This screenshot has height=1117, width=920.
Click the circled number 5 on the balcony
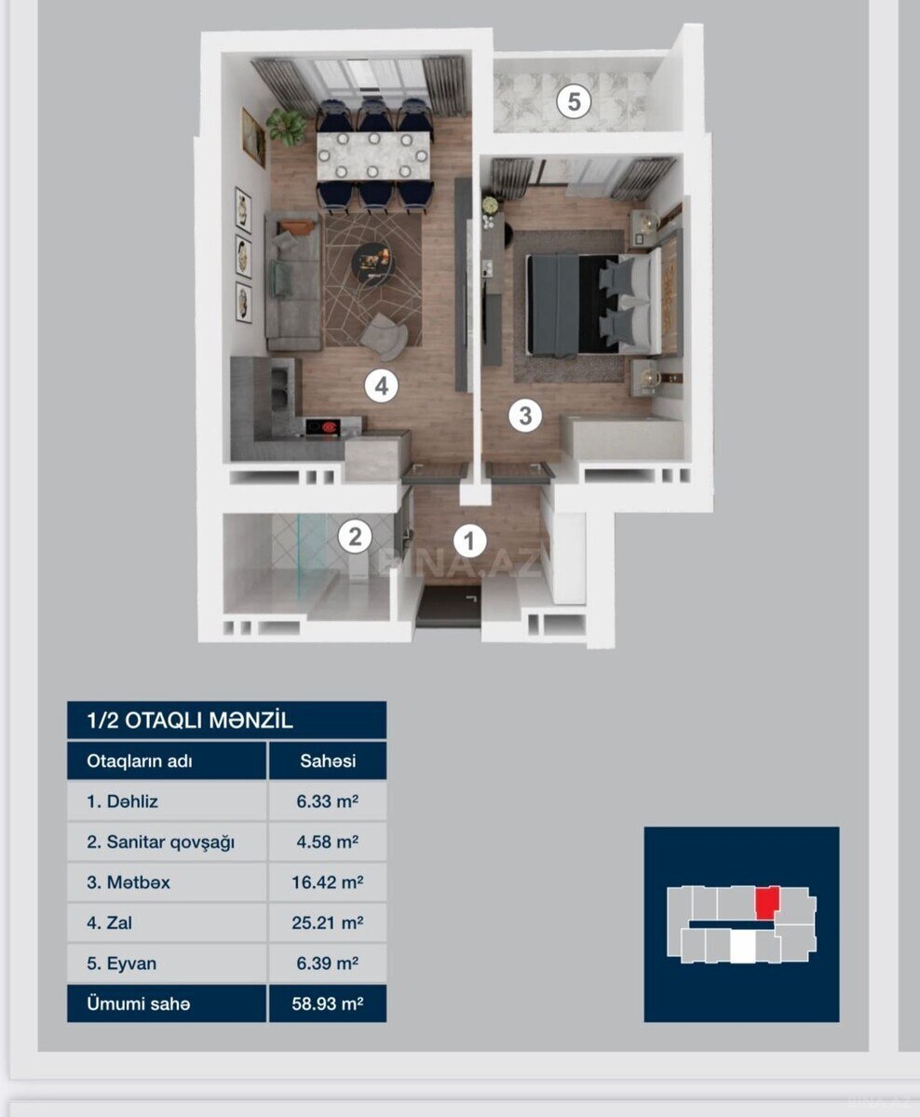tap(574, 101)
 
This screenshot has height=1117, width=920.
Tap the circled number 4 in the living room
tap(382, 386)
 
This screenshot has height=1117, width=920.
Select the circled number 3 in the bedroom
tap(525, 415)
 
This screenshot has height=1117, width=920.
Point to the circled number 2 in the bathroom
tap(355, 536)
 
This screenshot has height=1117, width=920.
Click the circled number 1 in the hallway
tap(469, 541)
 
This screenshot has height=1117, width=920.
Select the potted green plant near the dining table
tap(286, 126)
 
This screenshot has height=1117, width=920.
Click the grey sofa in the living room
tap(293, 281)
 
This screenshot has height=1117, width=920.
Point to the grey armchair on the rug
tap(385, 336)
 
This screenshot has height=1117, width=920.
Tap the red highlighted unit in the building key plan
tap(767, 903)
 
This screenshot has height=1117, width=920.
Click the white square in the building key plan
tap(742, 948)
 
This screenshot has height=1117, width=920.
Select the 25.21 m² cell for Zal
tap(328, 923)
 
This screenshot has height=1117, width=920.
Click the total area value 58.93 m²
tap(328, 1003)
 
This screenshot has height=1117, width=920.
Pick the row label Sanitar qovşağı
tap(160, 842)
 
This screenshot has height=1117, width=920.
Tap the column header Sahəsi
tap(328, 761)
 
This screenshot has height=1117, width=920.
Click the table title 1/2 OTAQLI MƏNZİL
tap(190, 720)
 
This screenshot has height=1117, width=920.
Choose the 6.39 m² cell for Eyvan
tap(328, 963)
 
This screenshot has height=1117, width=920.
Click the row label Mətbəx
tap(129, 882)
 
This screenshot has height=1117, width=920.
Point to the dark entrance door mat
tap(448, 608)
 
